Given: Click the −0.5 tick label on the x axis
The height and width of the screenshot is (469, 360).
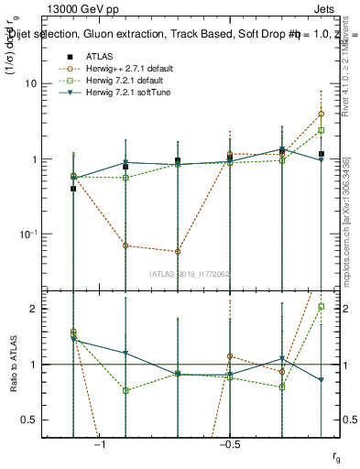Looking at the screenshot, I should [229, 444].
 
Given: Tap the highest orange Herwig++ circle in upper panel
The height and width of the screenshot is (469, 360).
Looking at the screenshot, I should [321, 115].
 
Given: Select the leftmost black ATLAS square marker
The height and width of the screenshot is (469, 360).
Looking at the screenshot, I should [73, 188].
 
